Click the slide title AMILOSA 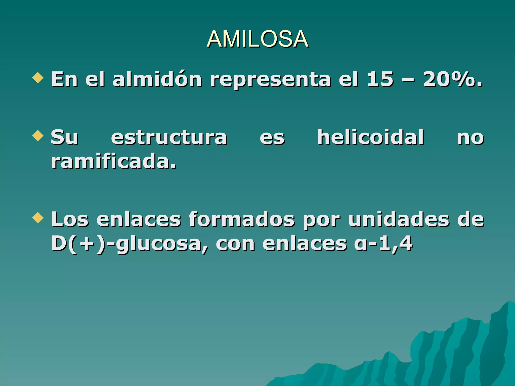click(257, 39)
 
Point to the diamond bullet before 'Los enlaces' click(38, 218)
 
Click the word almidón click(157, 79)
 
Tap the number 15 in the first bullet click(380, 79)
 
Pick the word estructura click(169, 137)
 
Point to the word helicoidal click(370, 137)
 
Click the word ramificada click(114, 161)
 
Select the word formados click(241, 219)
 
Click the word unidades click(399, 219)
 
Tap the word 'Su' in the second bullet click(64, 137)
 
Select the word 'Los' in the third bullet click(70, 219)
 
